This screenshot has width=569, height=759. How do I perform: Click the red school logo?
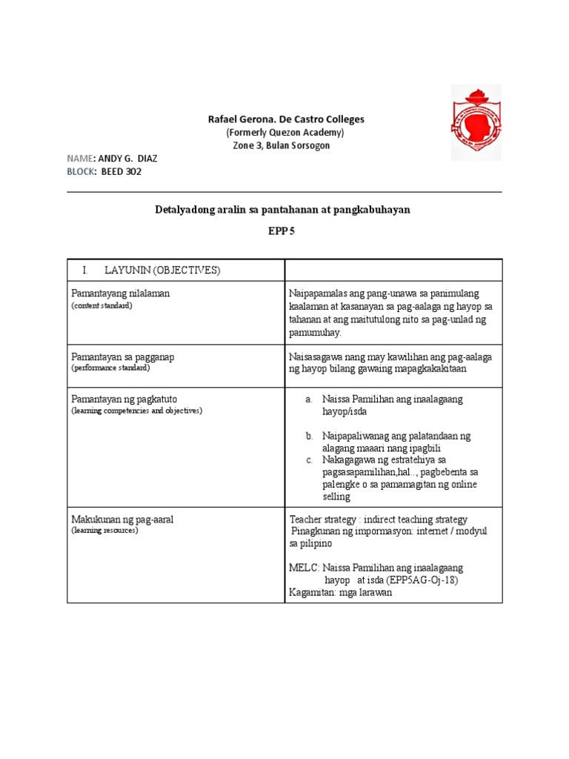(476, 122)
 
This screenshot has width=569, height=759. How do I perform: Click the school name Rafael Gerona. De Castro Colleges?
(284, 119)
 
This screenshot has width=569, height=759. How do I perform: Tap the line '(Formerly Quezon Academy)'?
(284, 133)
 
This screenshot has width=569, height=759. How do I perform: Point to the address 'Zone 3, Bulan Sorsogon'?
(282, 145)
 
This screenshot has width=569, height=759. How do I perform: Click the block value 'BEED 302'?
(121, 171)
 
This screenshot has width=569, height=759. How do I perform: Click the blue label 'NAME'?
(81, 159)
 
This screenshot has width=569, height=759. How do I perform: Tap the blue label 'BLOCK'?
(81, 171)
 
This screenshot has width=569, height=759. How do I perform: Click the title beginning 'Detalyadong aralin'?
(282, 210)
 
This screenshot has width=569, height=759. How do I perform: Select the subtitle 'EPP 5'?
(281, 232)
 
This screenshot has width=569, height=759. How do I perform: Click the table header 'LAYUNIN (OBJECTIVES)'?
(162, 270)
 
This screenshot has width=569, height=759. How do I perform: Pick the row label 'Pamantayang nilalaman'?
(121, 294)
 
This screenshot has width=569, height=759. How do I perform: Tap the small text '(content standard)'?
(102, 305)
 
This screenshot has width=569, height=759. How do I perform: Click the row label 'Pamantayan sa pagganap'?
(122, 357)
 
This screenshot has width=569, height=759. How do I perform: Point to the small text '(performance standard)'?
(110, 368)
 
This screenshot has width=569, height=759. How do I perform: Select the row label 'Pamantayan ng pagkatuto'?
(124, 399)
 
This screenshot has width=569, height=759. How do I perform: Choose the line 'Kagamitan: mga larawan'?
(341, 593)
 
